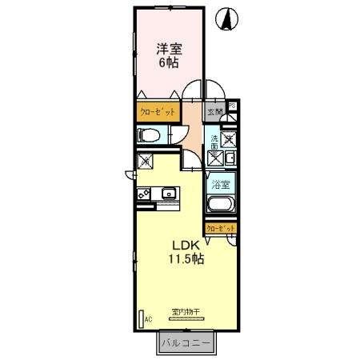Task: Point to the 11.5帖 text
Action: click(x=186, y=258)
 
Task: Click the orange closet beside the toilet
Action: click(x=157, y=113)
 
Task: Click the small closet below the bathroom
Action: click(x=221, y=229)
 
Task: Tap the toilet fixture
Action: click(x=151, y=136)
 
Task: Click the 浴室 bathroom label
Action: click(x=220, y=185)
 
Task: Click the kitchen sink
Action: click(x=170, y=194)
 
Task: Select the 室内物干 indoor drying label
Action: click(x=186, y=311)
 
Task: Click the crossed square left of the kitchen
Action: click(x=146, y=162)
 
